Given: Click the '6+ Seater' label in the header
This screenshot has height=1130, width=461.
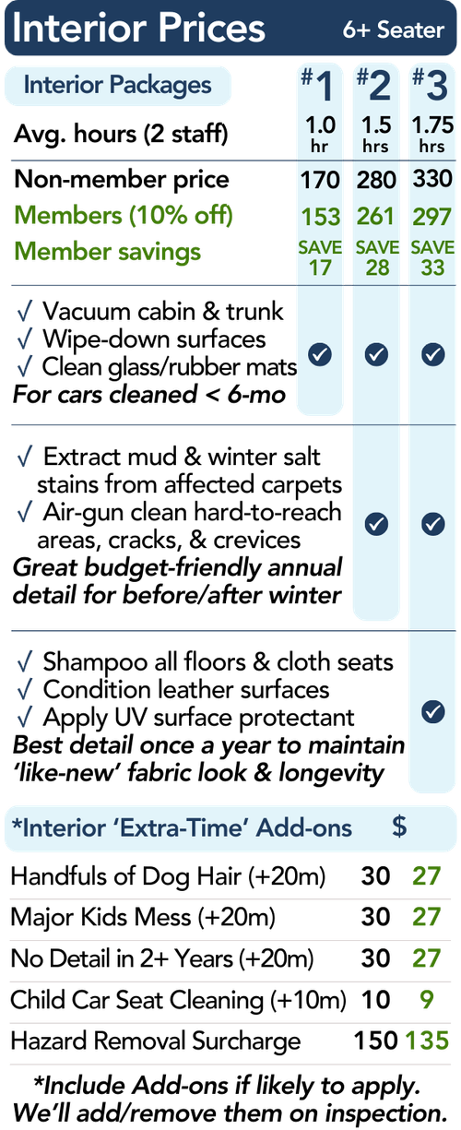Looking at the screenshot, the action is pyautogui.click(x=394, y=30).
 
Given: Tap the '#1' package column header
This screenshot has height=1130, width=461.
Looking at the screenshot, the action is pyautogui.click(x=317, y=85).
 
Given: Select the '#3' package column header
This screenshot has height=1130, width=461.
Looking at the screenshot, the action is pyautogui.click(x=431, y=85).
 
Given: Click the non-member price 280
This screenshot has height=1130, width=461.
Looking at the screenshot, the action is pyautogui.click(x=376, y=180).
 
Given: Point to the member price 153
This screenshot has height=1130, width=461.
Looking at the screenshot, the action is pyautogui.click(x=320, y=217).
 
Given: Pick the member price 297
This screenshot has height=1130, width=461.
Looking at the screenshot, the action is pyautogui.click(x=432, y=217).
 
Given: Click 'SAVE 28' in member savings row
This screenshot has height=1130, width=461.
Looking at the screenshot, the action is pyautogui.click(x=377, y=257).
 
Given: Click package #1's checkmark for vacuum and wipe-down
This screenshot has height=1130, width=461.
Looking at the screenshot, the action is pyautogui.click(x=320, y=354).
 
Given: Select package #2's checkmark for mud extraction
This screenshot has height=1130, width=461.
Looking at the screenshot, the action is pyautogui.click(x=376, y=524).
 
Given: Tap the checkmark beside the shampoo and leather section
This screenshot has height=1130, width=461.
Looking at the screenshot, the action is pyautogui.click(x=432, y=712).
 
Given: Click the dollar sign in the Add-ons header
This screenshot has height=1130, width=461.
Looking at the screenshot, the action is pyautogui.click(x=399, y=827).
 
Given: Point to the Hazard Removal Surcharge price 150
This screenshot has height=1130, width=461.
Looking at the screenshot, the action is pyautogui.click(x=375, y=1041).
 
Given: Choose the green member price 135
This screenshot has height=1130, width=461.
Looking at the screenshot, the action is pyautogui.click(x=427, y=1041).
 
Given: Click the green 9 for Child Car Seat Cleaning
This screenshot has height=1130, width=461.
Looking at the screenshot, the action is pyautogui.click(x=427, y=999).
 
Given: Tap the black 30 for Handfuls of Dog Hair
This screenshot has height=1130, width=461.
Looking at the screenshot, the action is pyautogui.click(x=375, y=875).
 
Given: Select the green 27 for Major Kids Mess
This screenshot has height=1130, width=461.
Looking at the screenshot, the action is pyautogui.click(x=427, y=917).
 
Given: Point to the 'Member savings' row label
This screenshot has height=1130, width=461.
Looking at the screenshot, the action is pyautogui.click(x=108, y=251).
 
